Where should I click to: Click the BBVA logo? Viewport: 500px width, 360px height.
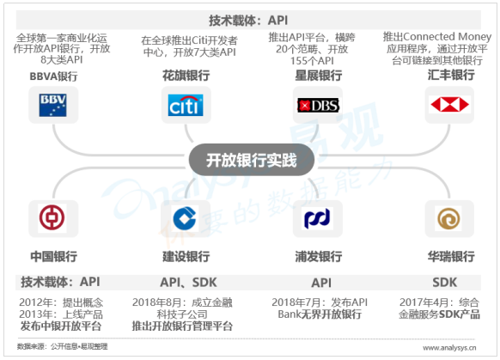tap(53, 105)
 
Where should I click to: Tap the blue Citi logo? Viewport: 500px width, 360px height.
tap(186, 105)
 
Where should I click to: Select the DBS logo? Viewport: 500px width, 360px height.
tap(318, 105)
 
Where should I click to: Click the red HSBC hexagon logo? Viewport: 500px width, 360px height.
tap(449, 104)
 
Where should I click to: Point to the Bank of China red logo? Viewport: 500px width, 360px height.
tap(52, 217)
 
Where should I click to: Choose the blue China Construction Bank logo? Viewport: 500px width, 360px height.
tap(185, 218)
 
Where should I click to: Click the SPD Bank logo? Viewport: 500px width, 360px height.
tap(317, 218)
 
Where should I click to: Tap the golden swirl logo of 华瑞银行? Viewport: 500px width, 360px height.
tap(448, 219)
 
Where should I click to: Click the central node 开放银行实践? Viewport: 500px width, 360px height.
tap(251, 160)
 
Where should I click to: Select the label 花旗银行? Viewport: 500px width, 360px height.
tap(186, 76)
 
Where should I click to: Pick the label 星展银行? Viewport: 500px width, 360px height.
tap(318, 76)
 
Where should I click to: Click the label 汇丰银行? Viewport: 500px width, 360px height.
tap(451, 75)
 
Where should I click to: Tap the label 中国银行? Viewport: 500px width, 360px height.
tap(54, 256)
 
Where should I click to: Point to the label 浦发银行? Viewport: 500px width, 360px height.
tap(319, 256)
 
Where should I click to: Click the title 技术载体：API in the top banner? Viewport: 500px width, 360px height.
tap(248, 21)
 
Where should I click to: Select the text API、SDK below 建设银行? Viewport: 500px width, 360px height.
tap(188, 283)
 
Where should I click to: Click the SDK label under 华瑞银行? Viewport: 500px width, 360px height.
tap(444, 283)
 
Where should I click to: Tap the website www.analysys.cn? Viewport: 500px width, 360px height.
tap(449, 348)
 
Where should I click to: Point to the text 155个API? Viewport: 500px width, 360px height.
tap(312, 61)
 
